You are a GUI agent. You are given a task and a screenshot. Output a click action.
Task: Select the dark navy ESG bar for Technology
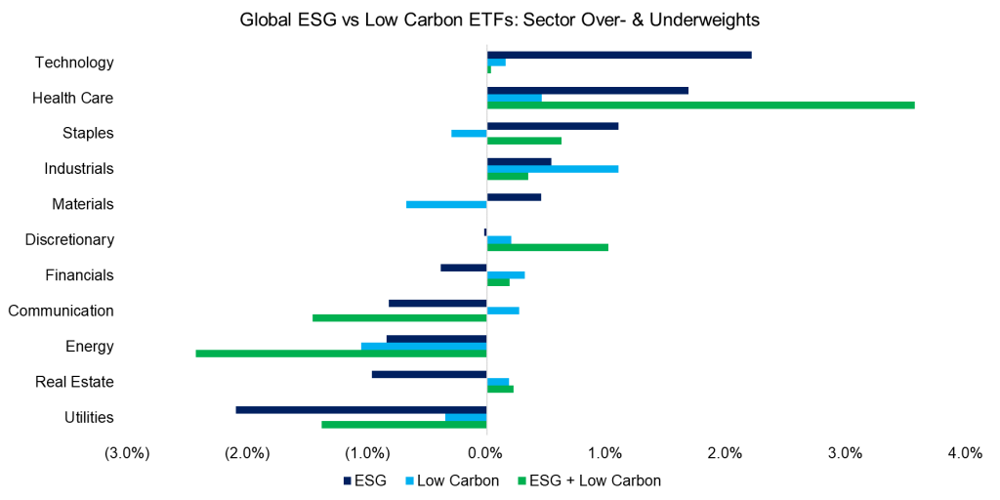point(619,55)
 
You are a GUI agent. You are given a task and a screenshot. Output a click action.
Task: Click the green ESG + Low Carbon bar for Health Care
point(700,104)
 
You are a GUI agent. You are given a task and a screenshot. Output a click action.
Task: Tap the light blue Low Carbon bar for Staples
point(469,133)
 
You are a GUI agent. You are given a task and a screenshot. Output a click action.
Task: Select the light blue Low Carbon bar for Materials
point(446,204)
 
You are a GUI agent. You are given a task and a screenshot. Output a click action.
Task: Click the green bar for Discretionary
point(547,247)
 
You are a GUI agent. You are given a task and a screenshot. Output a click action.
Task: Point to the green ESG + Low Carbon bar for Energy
point(341,354)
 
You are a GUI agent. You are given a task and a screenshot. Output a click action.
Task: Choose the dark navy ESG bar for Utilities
point(361,410)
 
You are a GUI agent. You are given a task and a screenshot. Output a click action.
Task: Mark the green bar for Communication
point(399,318)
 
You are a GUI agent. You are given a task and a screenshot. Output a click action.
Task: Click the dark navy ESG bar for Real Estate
point(429,374)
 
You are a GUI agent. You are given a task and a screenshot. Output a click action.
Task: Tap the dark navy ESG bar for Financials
point(463,268)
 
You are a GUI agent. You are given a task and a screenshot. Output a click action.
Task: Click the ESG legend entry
point(365,480)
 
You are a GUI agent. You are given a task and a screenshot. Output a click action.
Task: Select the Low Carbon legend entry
point(457,480)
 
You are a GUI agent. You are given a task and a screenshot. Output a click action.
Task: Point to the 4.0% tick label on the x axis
point(964,453)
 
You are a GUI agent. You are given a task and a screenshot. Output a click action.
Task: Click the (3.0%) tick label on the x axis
point(127,453)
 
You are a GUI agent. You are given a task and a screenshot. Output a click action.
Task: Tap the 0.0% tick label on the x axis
point(486,453)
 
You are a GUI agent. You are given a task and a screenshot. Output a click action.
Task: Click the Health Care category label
point(73,98)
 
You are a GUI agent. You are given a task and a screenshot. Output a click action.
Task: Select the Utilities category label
point(89,417)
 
